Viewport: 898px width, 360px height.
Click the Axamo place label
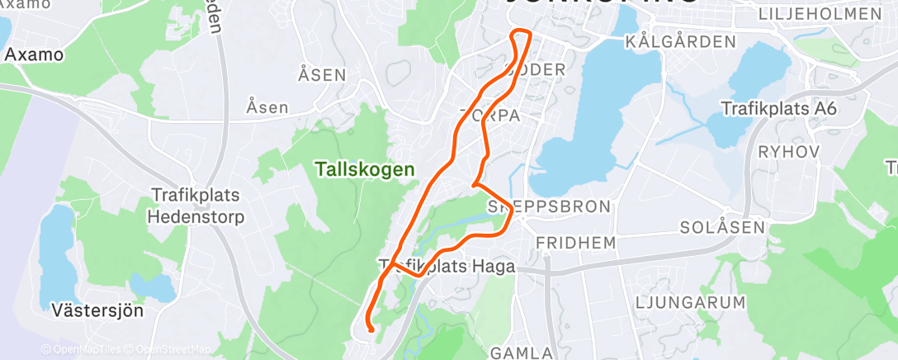point(34,55)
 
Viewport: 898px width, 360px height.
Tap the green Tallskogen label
point(364,169)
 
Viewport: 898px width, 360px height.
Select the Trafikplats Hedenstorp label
point(197,206)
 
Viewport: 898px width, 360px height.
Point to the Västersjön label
point(97,311)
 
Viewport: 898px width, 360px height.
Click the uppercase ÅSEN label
point(322,75)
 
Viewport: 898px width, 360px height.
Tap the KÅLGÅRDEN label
point(680,41)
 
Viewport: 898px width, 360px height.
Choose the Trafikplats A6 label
point(779,108)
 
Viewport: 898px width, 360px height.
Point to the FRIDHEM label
point(576,243)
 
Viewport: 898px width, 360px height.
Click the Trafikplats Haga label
point(447,267)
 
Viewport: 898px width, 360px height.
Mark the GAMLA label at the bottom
point(522,353)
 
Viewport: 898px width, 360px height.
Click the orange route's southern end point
point(372,330)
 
